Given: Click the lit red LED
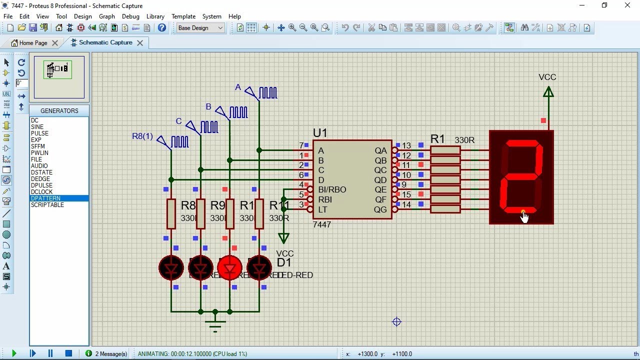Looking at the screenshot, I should pyautogui.click(x=229, y=268).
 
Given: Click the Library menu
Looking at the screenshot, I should pyautogui.click(x=155, y=16).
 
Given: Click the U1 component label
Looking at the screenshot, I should pyautogui.click(x=320, y=133).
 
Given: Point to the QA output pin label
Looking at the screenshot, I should pyautogui.click(x=380, y=150).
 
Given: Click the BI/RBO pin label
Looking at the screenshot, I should pyautogui.click(x=332, y=189).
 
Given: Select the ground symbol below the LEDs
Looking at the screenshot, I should pyautogui.click(x=215, y=323).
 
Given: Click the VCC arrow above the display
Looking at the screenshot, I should pyautogui.click(x=548, y=92).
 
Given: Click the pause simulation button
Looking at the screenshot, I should pyautogui.click(x=50, y=353).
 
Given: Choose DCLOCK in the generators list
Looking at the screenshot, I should pyautogui.click(x=41, y=192).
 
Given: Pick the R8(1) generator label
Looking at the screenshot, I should pyautogui.click(x=142, y=136).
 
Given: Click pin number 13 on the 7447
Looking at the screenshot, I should pyautogui.click(x=406, y=146).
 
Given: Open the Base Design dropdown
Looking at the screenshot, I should pyautogui.click(x=200, y=28).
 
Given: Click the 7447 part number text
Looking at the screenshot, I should pyautogui.click(x=321, y=225).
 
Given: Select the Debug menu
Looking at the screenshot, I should pyautogui.click(x=130, y=16).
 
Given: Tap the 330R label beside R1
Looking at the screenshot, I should pyautogui.click(x=464, y=140).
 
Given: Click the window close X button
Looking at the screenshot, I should pyautogui.click(x=627, y=5).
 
